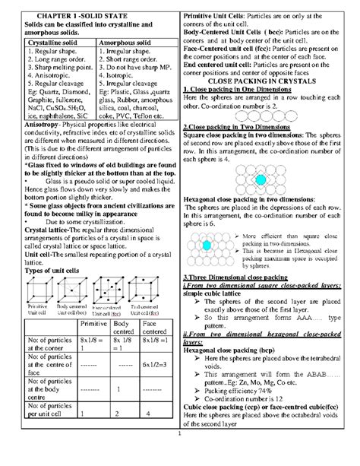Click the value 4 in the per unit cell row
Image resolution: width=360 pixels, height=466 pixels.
[x=155, y=436]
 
